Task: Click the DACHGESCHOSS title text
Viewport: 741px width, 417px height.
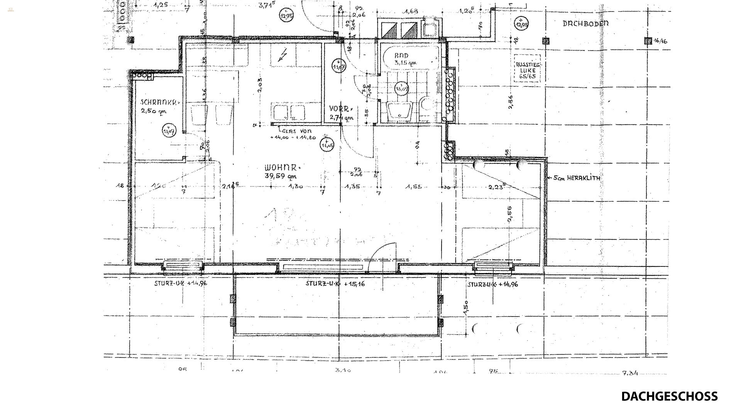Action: coord(669,397)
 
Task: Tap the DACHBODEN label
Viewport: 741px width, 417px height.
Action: coord(585,24)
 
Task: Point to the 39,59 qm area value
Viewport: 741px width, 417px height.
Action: coord(281,177)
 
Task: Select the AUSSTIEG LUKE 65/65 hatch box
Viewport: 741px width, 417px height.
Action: coord(528,71)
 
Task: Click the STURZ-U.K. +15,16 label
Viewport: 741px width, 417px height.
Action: coord(335,284)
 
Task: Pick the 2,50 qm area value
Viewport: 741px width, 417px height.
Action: coord(154,112)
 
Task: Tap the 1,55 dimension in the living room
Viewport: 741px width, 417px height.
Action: coord(413,187)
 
